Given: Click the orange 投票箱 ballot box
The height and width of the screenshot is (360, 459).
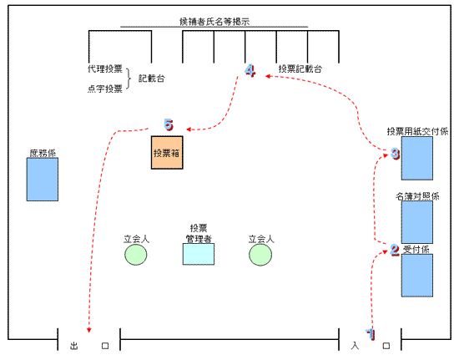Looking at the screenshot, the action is [x=167, y=153].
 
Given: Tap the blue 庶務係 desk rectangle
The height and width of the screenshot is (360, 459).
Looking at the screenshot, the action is [x=43, y=180].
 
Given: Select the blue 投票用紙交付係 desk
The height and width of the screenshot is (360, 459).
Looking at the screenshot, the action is [x=416, y=158].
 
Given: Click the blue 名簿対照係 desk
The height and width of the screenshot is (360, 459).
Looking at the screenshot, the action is [x=416, y=222].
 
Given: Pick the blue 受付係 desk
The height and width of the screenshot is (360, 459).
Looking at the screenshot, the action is [x=416, y=276].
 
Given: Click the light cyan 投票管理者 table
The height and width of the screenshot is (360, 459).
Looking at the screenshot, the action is [x=199, y=254].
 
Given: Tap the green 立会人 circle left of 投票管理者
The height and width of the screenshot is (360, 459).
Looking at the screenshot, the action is [x=135, y=255].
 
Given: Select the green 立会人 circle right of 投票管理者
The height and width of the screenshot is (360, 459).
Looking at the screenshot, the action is [x=260, y=255].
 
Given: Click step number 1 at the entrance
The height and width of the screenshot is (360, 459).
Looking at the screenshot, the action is [x=371, y=334].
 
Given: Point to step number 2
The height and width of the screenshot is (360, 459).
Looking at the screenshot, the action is [x=395, y=250].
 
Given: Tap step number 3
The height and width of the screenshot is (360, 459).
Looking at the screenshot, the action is [x=396, y=154].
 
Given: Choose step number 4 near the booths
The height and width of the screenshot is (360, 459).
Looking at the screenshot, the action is [x=250, y=71].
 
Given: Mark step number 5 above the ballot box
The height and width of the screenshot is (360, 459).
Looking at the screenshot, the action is [x=169, y=124].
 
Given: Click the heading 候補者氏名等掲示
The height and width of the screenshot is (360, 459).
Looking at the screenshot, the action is [x=214, y=22].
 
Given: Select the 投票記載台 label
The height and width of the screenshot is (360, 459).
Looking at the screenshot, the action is [x=300, y=68].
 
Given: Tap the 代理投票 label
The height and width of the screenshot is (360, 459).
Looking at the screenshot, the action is [x=105, y=68].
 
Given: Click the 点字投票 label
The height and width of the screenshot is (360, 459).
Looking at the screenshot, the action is [x=105, y=89].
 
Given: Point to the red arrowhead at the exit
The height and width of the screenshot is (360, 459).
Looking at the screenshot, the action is [x=89, y=330].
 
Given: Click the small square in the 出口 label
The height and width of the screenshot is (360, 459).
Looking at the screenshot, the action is [x=105, y=346].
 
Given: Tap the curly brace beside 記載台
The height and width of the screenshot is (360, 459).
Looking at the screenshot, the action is [x=129, y=79].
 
